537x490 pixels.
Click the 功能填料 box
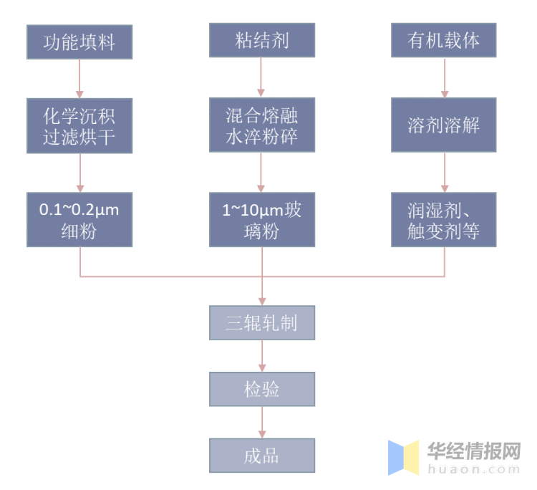tap(79, 42)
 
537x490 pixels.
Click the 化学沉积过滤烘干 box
tap(79, 125)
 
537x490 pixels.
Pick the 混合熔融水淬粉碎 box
tap(262, 125)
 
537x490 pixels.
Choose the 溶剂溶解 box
tap(444, 125)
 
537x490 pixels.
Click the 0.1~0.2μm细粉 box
tap(79, 219)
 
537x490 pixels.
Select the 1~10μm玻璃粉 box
tap(262, 219)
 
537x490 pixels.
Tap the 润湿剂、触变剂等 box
tap(444, 219)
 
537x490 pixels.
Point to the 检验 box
tap(262, 389)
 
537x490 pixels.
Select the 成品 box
tap(262, 455)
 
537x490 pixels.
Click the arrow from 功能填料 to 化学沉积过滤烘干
tap(79, 78)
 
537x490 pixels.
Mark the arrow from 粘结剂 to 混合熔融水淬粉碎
tap(262, 77)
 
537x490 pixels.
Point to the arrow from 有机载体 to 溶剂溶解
tap(444, 77)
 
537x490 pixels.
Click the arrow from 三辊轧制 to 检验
tap(262, 356)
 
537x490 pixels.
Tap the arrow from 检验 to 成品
tap(262, 422)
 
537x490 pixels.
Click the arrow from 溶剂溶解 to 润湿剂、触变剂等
tap(444, 172)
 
